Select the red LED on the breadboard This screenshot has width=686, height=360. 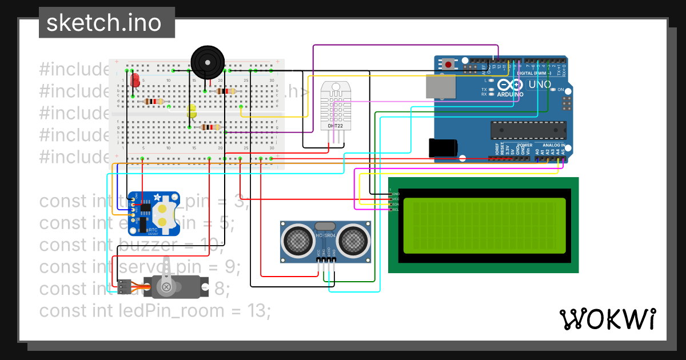pyautogui.click(x=135, y=81)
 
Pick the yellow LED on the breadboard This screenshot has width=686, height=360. pyautogui.click(x=192, y=111)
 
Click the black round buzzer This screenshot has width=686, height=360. pyautogui.click(x=208, y=62)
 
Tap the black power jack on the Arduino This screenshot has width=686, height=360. pyautogui.click(x=443, y=147)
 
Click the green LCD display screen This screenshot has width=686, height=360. pyautogui.click(x=484, y=225)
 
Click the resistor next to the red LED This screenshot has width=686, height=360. pyautogui.click(x=154, y=102)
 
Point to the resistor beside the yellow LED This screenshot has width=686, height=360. pyautogui.click(x=211, y=127)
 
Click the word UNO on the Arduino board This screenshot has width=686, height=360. pyautogui.click(x=539, y=85)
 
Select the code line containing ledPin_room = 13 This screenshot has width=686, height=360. pyautogui.click(x=154, y=311)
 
